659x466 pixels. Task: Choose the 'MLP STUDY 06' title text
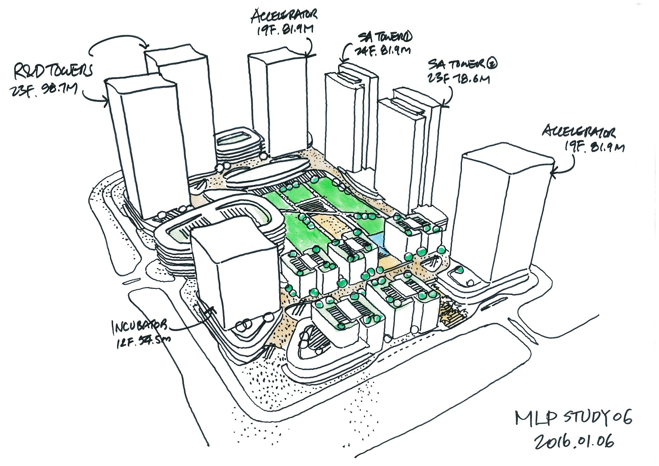[x=574, y=419]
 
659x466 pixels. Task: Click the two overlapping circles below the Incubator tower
[x=244, y=325]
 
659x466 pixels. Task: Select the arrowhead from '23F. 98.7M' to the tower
[x=106, y=101]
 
